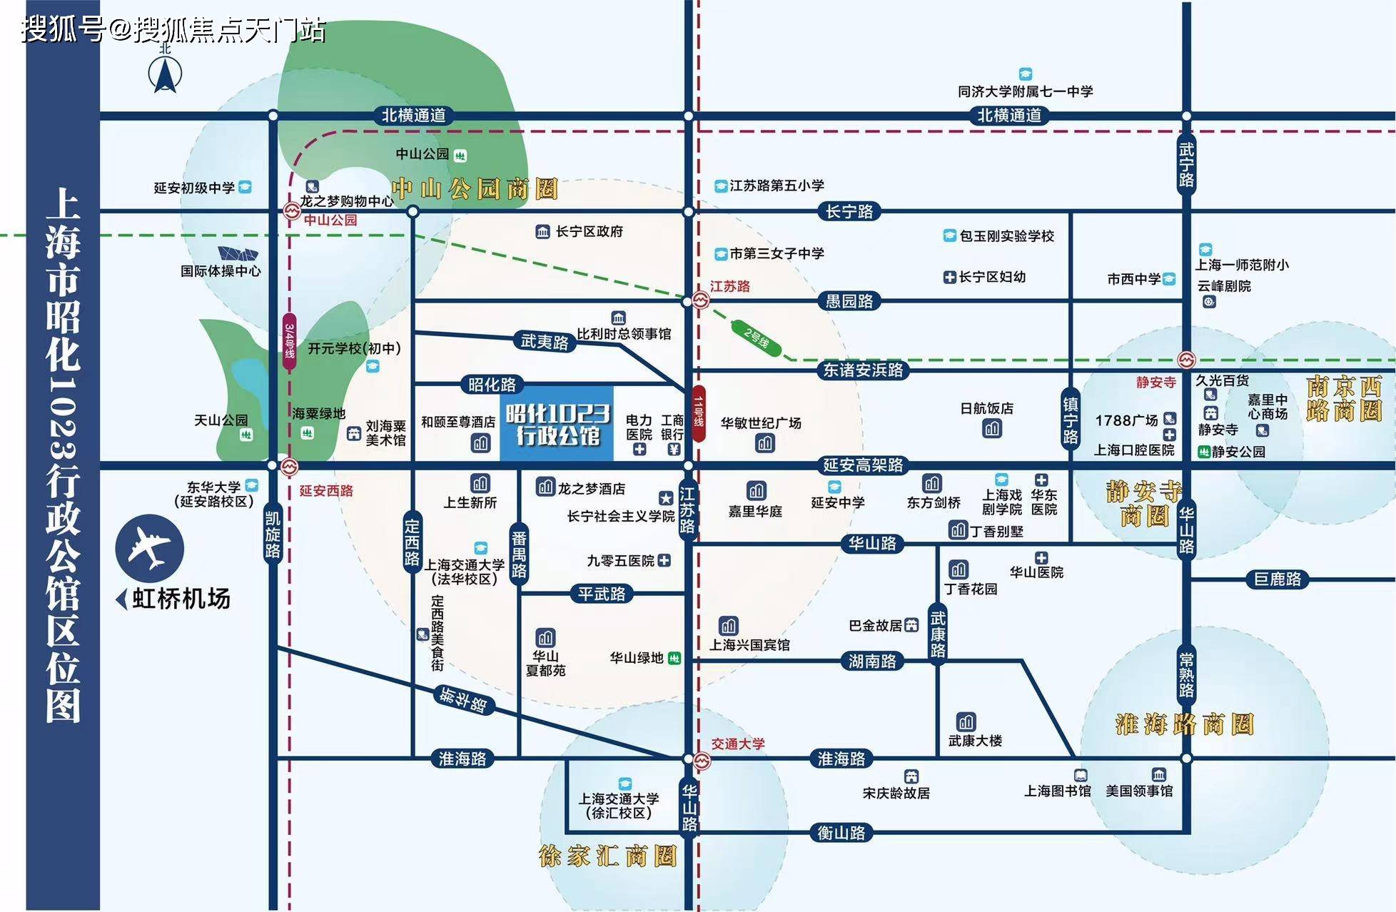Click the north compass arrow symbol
(165, 73)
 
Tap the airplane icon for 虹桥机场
(150, 548)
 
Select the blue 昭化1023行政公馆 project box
(557, 424)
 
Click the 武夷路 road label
(545, 342)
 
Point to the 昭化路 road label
(492, 385)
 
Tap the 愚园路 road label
(849, 301)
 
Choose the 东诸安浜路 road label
(863, 370)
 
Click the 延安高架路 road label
(863, 465)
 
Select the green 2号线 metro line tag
(757, 337)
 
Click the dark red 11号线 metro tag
(699, 414)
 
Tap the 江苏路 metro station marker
(701, 302)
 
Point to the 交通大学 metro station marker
(702, 761)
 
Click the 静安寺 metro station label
(1156, 382)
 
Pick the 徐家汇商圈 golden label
(607, 856)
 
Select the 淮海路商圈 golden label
(1185, 724)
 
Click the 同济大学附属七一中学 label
(1025, 91)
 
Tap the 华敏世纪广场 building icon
(765, 444)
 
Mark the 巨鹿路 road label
(1278, 579)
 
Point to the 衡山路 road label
(841, 833)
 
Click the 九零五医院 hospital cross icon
(664, 561)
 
